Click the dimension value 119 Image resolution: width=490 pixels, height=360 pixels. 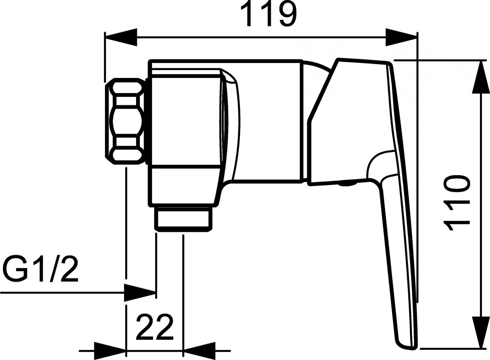coord(269,14)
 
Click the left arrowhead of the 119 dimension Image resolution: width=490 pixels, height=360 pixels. coord(121,37)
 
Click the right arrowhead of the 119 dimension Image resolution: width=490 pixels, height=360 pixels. coord(401,37)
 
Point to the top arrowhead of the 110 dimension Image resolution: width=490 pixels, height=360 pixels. coord(480,77)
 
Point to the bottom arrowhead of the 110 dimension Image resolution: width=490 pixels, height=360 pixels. coord(480,332)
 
